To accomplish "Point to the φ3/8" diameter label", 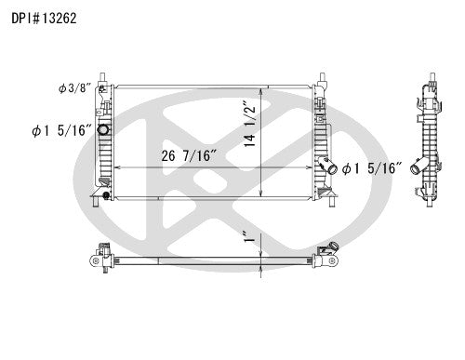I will pyautogui.click(x=73, y=88).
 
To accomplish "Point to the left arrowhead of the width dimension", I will pyautogui.click(x=114, y=167).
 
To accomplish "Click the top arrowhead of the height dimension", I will pyautogui.click(x=263, y=92).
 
